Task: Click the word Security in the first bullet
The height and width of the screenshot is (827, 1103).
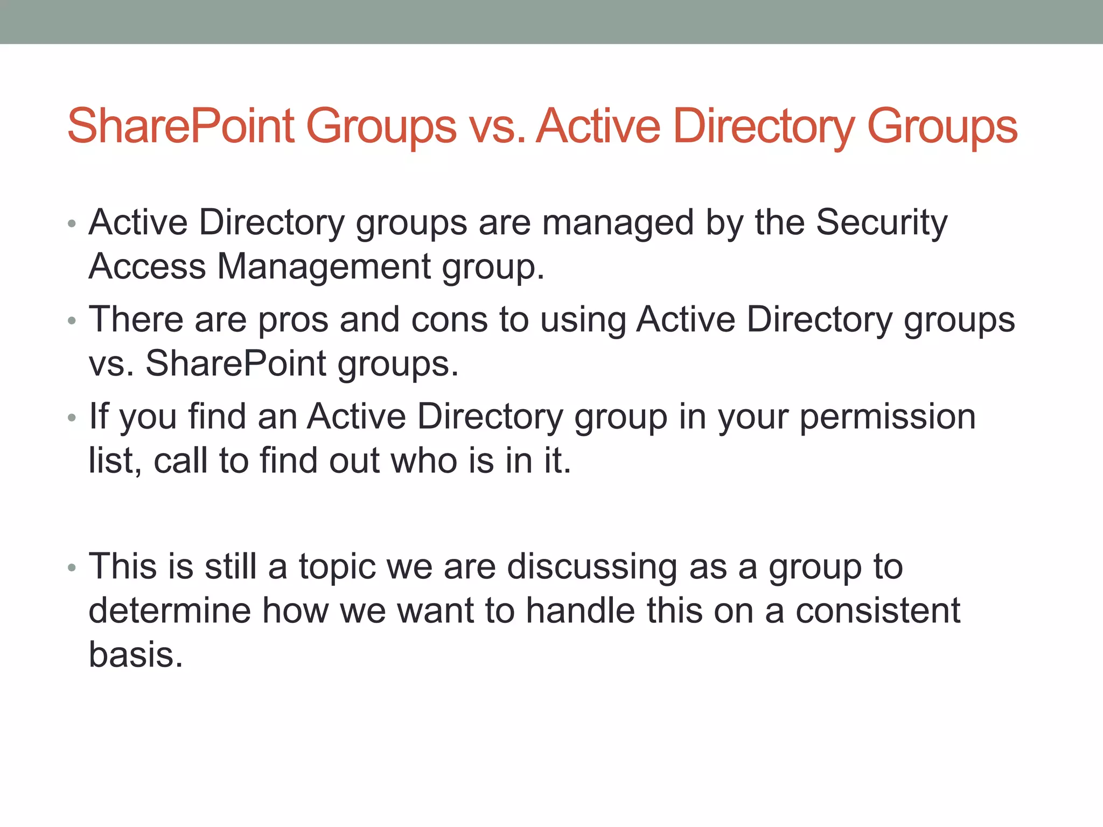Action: point(881,222)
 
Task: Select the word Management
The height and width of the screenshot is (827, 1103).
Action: point(324,267)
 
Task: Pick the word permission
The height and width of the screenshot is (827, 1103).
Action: point(887,417)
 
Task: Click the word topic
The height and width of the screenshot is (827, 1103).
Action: point(337,567)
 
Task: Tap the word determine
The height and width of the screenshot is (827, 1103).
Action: point(170,611)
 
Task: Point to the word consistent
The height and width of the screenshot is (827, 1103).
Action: point(878,611)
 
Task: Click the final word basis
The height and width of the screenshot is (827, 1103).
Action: point(136,655)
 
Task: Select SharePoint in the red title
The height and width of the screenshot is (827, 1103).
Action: point(181,127)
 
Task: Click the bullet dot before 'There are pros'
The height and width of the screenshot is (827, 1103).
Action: point(72,321)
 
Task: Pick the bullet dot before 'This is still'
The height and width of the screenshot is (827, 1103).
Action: point(72,568)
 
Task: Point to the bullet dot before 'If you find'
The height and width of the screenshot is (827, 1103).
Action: point(72,418)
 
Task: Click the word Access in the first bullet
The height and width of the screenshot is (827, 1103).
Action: point(147,267)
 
